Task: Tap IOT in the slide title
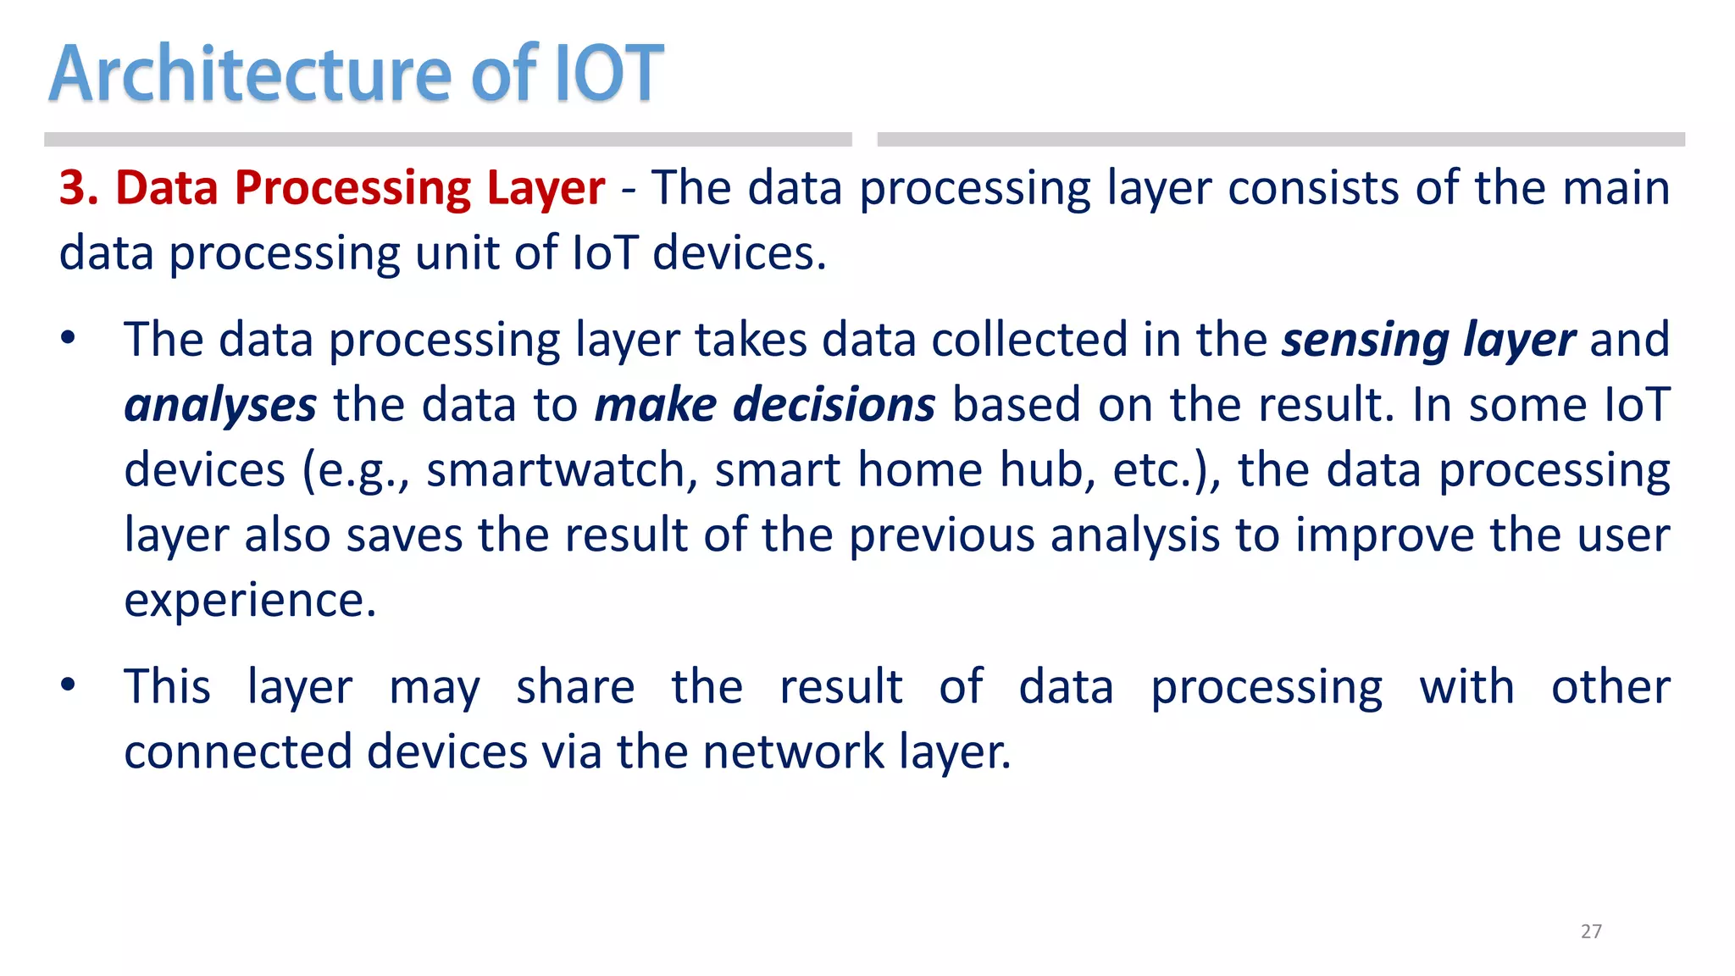coord(607,75)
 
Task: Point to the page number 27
coord(1591,931)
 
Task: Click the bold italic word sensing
coord(1365,341)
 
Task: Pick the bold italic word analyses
coord(220,406)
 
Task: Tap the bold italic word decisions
coord(834,404)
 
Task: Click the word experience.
coord(250,602)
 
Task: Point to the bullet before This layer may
coord(69,685)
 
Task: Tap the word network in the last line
coord(793,751)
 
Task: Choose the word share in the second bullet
coord(575,686)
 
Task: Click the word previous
coord(941,535)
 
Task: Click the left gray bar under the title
coord(447,140)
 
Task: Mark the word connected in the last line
coord(237,751)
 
